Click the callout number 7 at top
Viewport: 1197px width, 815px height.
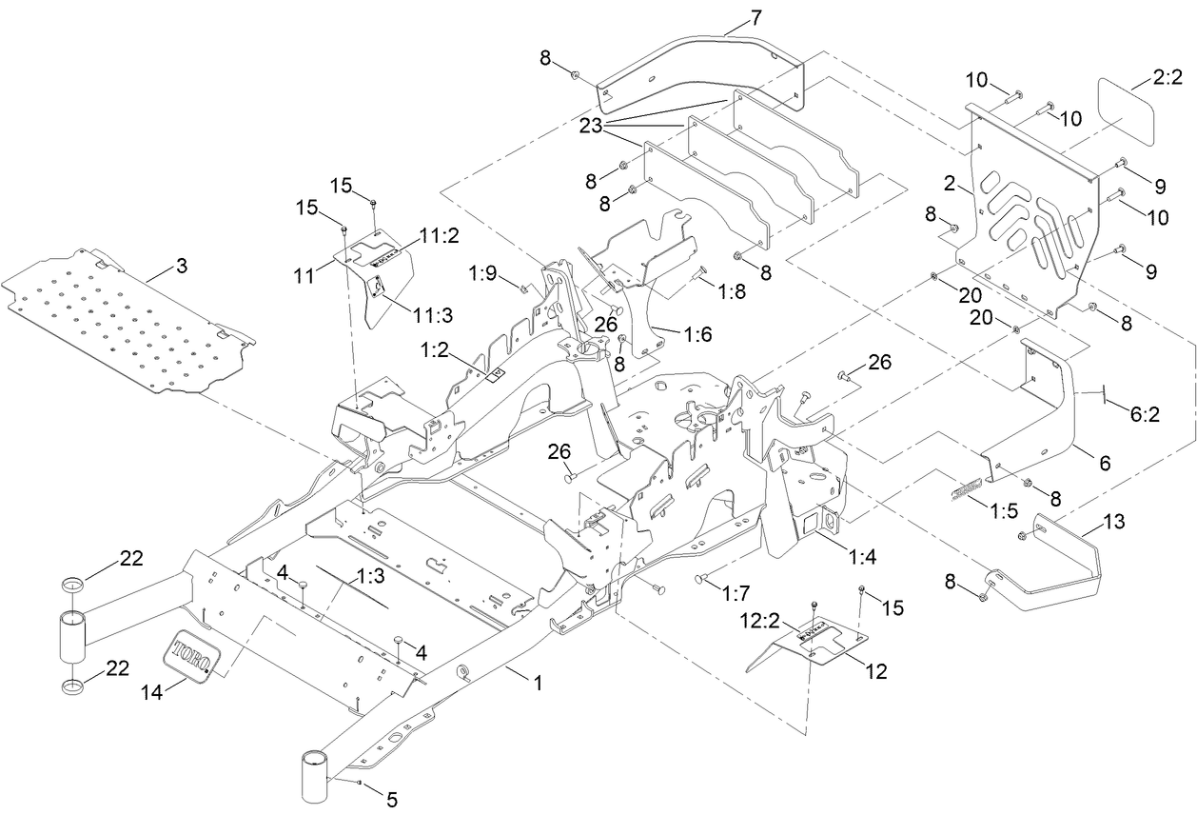(x=755, y=16)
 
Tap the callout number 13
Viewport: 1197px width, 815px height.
(x=1114, y=523)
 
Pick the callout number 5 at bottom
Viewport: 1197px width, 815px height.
(x=392, y=799)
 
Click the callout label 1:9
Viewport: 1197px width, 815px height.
(x=483, y=274)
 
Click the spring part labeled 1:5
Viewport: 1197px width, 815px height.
(x=964, y=488)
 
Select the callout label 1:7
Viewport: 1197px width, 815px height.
(x=736, y=594)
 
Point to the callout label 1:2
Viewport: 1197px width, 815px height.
(x=432, y=350)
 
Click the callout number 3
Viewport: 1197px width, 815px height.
(x=181, y=266)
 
